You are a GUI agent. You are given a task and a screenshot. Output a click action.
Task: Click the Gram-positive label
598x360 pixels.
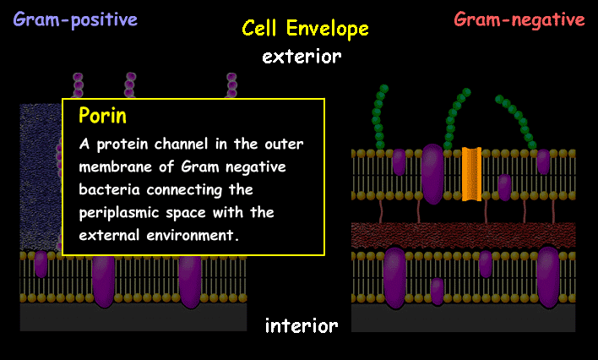pyautogui.click(x=75, y=19)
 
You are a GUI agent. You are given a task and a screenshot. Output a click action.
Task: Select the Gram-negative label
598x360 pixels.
pyautogui.click(x=519, y=19)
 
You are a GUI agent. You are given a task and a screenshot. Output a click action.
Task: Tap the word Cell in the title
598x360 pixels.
pyautogui.click(x=261, y=29)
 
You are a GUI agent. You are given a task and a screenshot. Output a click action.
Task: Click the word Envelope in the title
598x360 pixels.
pyautogui.click(x=327, y=30)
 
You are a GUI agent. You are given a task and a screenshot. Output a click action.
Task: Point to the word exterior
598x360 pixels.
pyautogui.click(x=302, y=57)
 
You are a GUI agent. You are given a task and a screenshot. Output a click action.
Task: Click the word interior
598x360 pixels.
pyautogui.click(x=302, y=325)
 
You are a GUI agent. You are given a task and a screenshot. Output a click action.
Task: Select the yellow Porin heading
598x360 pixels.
pyautogui.click(x=102, y=115)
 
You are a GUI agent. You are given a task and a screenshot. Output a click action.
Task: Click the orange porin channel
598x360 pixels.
pyautogui.click(x=471, y=175)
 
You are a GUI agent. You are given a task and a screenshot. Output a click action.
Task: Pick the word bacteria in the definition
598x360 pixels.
pyautogui.click(x=106, y=189)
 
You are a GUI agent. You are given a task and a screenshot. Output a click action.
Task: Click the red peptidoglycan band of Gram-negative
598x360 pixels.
pyautogui.click(x=463, y=234)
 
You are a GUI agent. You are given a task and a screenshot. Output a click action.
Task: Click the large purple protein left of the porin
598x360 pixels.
pyautogui.click(x=432, y=172)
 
